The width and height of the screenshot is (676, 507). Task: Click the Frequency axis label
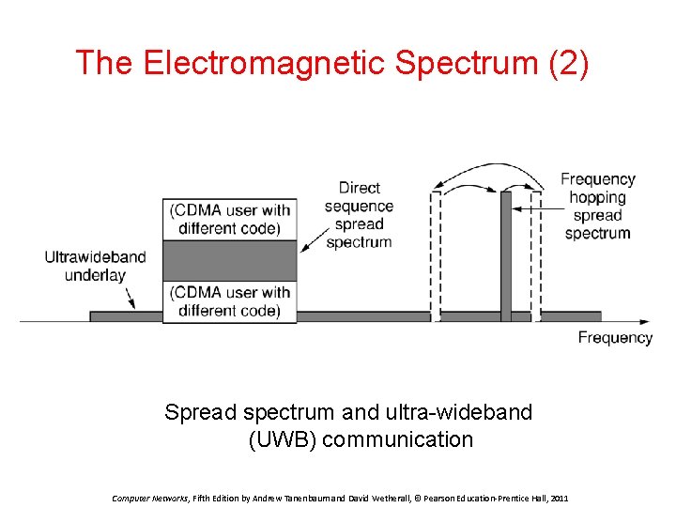point(615,338)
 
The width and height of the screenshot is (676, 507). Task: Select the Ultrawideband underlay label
point(95,266)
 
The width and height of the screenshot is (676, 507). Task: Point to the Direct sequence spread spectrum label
point(359,215)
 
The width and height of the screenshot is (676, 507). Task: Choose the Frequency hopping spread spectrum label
point(598,206)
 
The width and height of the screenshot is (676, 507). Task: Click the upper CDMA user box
point(230,219)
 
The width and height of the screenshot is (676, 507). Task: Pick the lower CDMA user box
point(230,301)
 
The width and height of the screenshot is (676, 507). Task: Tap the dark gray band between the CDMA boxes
point(230,260)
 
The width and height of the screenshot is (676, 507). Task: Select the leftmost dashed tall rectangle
point(435,253)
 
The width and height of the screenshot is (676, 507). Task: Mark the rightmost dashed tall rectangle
point(536,253)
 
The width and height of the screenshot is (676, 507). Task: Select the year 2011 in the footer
point(560,498)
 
